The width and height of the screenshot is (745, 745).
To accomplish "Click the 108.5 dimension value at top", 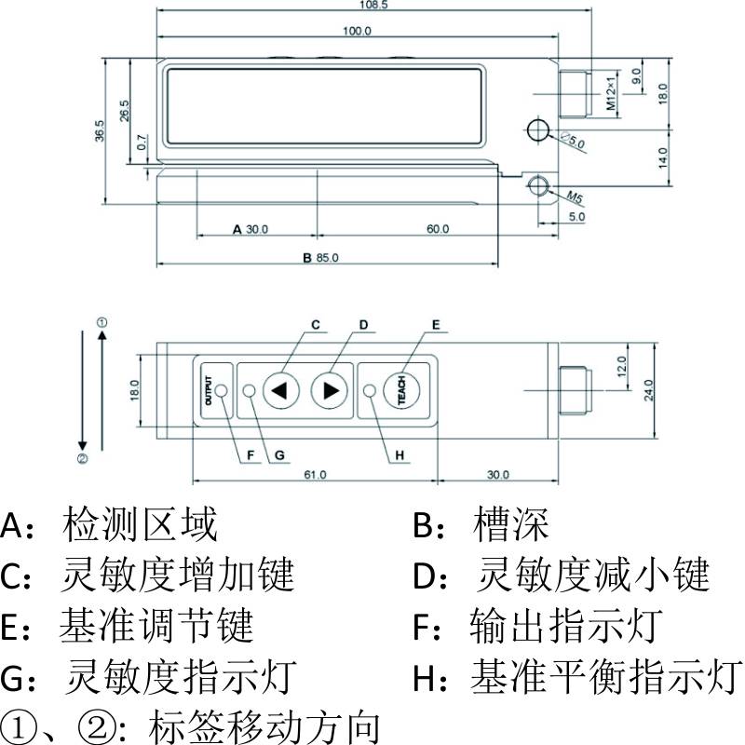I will click(372, 5).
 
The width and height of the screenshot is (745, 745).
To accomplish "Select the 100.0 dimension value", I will click(357, 31).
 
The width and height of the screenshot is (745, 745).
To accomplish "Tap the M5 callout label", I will click(575, 197).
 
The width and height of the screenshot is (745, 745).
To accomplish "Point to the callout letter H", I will click(400, 455).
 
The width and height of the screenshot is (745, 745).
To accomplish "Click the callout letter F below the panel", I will click(251, 455).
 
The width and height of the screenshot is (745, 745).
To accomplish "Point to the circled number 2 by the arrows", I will click(82, 458).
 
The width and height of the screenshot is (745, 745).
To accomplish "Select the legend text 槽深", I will click(511, 526).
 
